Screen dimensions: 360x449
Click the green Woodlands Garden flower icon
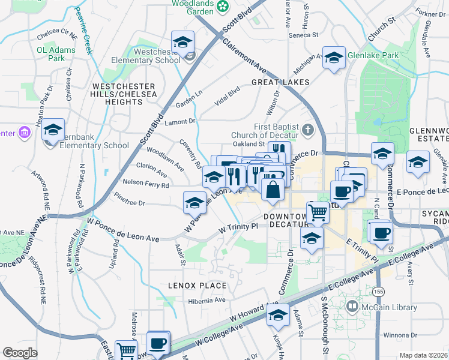(223, 7)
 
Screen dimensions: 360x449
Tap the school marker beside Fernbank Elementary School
(53, 130)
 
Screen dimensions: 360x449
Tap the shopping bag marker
(273, 190)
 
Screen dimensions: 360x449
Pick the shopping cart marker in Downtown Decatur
(318, 212)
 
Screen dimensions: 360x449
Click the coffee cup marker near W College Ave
(158, 343)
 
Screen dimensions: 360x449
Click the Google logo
(20, 353)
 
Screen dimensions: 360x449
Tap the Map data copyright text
(423, 355)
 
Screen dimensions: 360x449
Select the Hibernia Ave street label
(206, 301)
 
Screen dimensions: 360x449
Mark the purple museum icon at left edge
(25, 132)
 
